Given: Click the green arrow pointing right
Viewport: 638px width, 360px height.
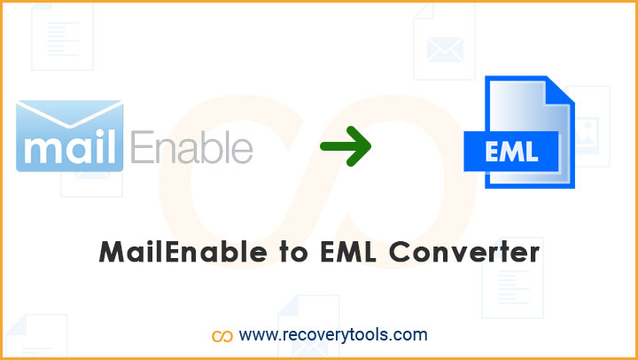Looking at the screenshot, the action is (346, 146).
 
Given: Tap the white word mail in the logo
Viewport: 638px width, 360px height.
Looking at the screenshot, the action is (70, 148).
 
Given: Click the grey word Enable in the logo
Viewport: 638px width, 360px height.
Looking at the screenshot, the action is (191, 147).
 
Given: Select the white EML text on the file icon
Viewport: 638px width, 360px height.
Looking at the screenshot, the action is (511, 151).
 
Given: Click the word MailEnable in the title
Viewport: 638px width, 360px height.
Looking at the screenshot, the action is (183, 252).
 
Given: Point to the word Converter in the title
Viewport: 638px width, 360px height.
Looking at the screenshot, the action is (464, 253).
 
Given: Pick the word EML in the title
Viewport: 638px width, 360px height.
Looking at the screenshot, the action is (349, 252).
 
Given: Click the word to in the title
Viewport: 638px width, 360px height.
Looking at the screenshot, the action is (293, 253).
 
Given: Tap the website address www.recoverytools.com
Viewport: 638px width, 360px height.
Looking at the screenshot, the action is (333, 335).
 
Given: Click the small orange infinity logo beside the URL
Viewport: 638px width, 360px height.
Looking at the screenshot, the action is (222, 336).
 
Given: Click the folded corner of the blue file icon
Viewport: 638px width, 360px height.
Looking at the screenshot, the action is (561, 90).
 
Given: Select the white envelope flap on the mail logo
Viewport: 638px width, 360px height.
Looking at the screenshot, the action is (70, 113).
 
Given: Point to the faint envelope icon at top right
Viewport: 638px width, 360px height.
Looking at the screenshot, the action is (444, 42).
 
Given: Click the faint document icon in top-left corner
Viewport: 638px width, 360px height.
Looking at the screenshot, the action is (63, 36).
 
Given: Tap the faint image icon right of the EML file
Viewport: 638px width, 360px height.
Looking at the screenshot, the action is (587, 126).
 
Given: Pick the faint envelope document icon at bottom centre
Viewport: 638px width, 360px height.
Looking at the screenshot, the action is (309, 325).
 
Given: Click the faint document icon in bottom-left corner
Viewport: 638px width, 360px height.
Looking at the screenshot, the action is (36, 335).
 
